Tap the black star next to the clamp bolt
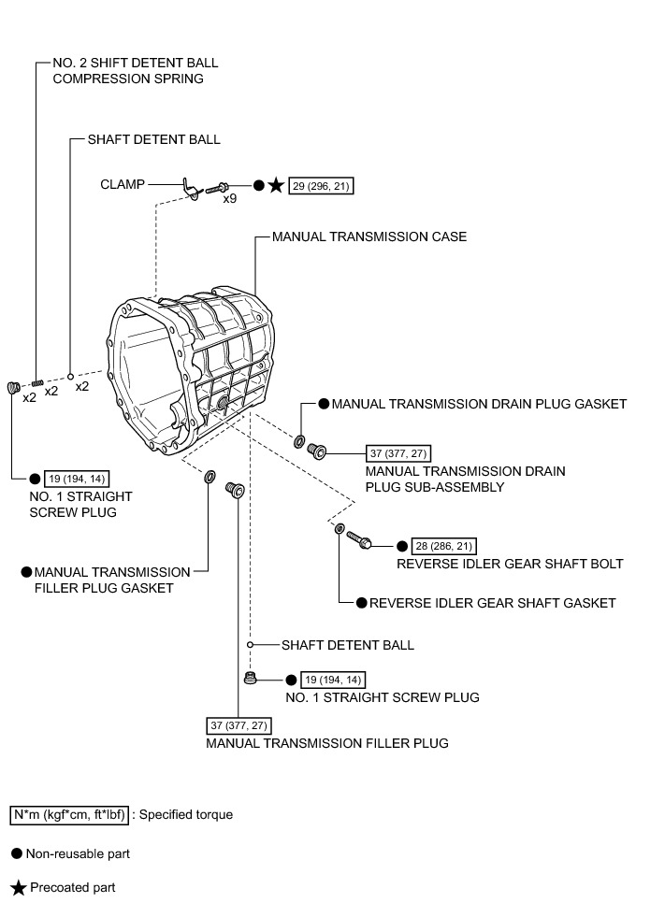click(276, 186)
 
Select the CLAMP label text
click(123, 184)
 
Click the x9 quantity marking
click(229, 199)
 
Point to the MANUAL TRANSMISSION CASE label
click(369, 236)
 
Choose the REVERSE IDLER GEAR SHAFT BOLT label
click(510, 564)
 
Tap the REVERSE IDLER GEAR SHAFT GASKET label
click(492, 603)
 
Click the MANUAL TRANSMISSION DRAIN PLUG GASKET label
click(479, 404)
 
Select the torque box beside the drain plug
click(399, 453)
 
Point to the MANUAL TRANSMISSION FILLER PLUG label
click(327, 743)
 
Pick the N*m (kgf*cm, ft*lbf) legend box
click(69, 814)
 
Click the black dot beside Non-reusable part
click(16, 853)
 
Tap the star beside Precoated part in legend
click(16, 887)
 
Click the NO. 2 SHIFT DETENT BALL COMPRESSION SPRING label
click(135, 71)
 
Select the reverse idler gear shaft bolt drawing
click(359, 539)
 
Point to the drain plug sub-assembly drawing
click(317, 451)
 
